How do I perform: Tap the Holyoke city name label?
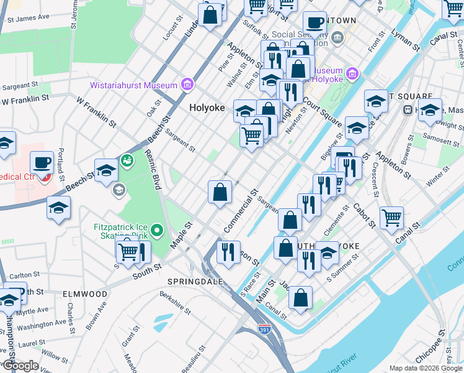(x=207, y=108)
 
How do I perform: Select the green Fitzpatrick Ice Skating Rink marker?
(x=158, y=231)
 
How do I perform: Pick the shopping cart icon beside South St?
(x=128, y=251)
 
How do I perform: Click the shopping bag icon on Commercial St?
(x=220, y=191)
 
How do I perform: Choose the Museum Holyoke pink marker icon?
(x=352, y=74)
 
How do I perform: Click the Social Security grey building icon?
(x=337, y=37)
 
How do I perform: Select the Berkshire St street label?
(x=174, y=298)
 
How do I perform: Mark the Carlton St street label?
(x=24, y=274)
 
